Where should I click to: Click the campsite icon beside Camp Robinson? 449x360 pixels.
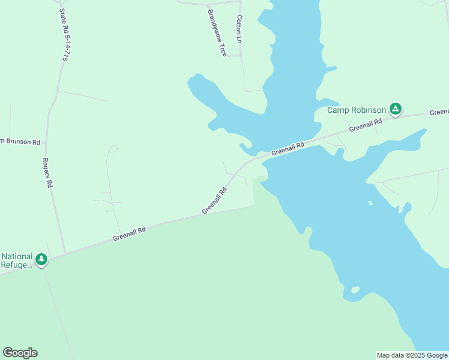pos(395,109)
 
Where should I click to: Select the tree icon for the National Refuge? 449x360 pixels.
pos(41,259)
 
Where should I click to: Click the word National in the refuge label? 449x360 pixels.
pos(16,256)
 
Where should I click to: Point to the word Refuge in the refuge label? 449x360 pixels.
pos(16,265)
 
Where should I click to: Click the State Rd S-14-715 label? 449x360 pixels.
pos(62,35)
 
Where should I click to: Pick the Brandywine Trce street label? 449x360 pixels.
pos(216,32)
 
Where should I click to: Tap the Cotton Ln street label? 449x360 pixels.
pos(239,29)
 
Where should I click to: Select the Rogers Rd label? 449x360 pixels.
pos(47,173)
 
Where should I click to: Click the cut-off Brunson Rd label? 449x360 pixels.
pos(20,142)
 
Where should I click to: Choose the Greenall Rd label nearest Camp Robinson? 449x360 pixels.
pos(366,125)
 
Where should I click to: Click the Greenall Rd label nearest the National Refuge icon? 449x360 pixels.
pos(129,233)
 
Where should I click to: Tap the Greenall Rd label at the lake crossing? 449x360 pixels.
pos(288,148)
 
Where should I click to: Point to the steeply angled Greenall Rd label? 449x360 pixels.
pos(214,200)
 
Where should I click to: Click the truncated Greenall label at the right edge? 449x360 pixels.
pos(439,112)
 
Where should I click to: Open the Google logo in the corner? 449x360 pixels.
pos(20,353)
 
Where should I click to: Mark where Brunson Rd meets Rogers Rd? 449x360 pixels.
pos(46,144)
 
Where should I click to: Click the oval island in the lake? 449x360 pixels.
pos(354,290)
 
